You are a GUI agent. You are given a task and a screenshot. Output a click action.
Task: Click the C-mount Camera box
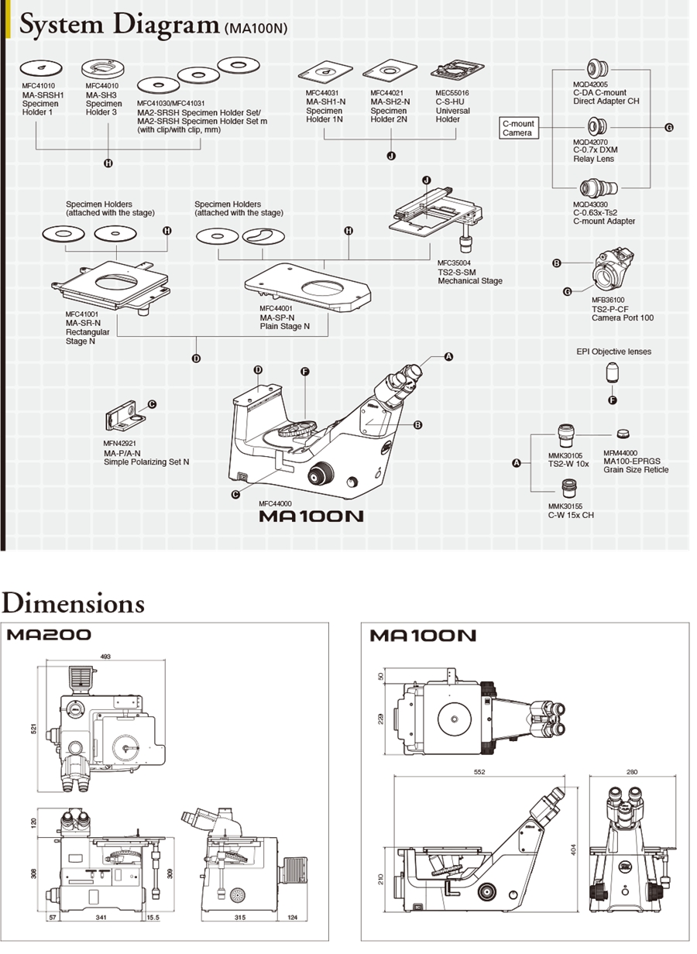[x=518, y=129]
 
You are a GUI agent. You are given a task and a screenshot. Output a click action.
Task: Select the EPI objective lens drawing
[x=613, y=373]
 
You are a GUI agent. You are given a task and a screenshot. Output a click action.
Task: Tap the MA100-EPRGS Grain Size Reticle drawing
[x=622, y=434]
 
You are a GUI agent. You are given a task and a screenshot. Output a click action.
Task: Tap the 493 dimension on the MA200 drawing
[x=105, y=656]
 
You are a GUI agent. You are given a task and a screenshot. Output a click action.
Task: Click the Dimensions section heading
[x=73, y=603]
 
